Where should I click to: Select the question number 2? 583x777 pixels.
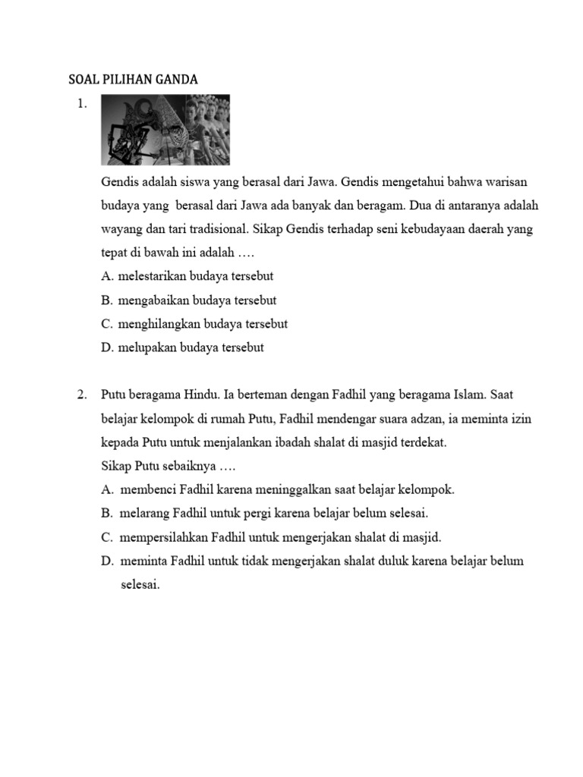click(83, 395)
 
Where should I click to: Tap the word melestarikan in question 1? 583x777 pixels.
click(153, 277)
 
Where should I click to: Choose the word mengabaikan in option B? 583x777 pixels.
click(154, 300)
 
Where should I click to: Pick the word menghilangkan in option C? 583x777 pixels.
click(159, 324)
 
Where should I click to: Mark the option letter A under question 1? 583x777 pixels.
click(106, 277)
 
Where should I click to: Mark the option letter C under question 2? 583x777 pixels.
click(106, 536)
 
